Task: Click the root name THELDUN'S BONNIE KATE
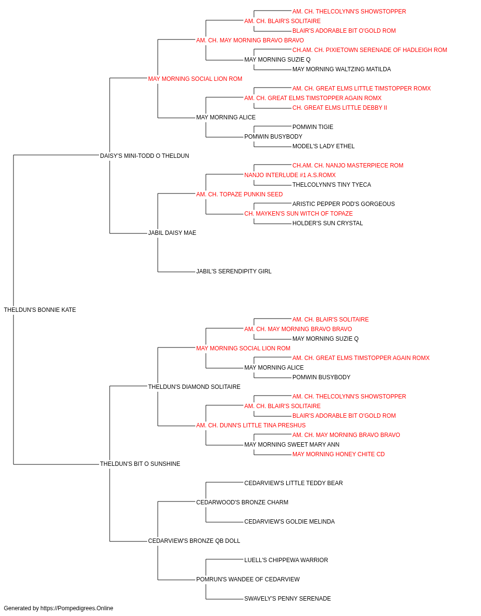[40, 310]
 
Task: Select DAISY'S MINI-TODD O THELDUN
[144, 156]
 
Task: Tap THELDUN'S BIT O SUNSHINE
[140, 464]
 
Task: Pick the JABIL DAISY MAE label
[172, 233]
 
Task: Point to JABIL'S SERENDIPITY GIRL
[234, 271]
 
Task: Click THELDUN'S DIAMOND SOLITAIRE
[194, 386]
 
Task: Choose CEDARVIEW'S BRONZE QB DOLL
[194, 540]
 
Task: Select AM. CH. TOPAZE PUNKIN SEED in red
[240, 194]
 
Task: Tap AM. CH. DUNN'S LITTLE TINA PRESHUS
[251, 425]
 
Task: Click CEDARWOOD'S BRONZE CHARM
[242, 502]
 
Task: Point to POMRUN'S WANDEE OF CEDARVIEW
[248, 579]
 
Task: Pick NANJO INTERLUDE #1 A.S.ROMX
[290, 175]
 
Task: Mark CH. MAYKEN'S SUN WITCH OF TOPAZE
[298, 214]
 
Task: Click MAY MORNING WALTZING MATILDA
[342, 69]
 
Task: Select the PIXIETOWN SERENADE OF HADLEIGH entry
[370, 50]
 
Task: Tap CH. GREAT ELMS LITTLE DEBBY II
[340, 108]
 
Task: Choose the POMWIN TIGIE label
[313, 127]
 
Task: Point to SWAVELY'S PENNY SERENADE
[288, 598]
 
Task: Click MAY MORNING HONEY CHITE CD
[339, 454]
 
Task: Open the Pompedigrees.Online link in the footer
[76, 608]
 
